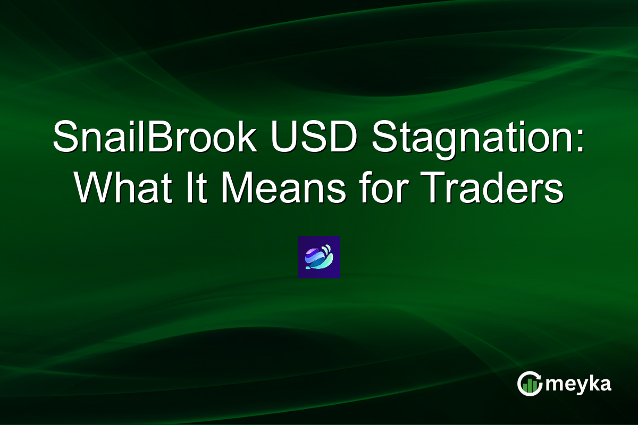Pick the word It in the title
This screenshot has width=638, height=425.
tap(190, 189)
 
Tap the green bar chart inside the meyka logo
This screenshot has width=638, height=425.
tap(530, 386)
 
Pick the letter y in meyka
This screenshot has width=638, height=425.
tap(578, 386)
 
